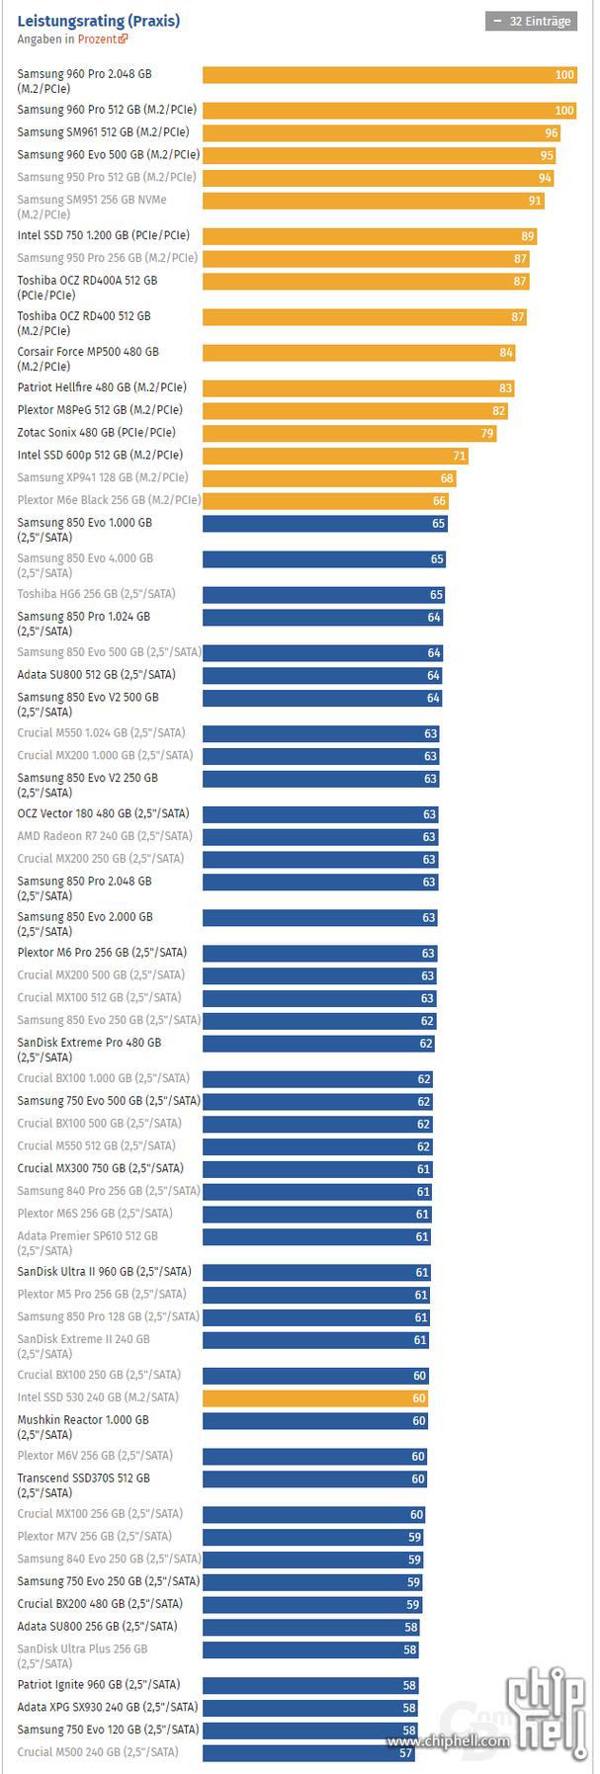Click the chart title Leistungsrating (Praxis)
pos(98,21)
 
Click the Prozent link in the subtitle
pos(102,40)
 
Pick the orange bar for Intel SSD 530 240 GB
pos(315,1398)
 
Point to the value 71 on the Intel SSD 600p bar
pos(459,457)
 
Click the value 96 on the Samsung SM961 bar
pos(551,133)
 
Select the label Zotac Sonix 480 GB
pos(96,433)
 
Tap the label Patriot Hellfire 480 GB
pos(101,387)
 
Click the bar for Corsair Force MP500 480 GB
pos(359,353)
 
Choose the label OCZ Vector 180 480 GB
pos(102,814)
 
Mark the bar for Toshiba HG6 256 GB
pos(324,595)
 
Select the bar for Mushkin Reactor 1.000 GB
pos(315,1421)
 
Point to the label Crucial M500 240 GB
pos(97,1752)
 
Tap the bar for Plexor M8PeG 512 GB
pos(355,411)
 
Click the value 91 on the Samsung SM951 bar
pos(535,201)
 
